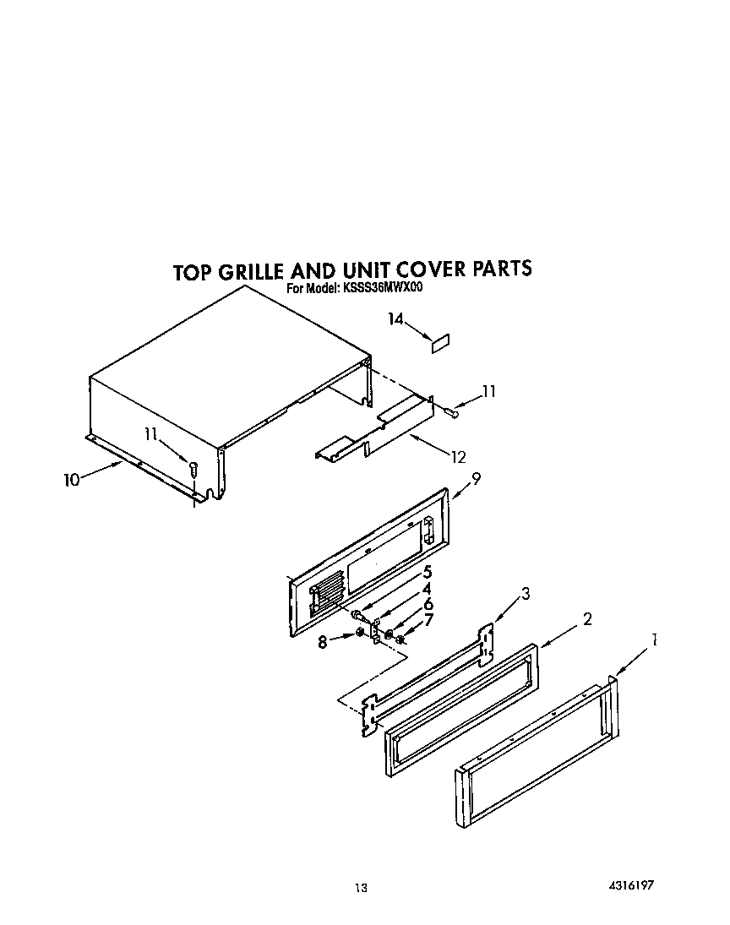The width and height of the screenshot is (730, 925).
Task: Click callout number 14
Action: [x=395, y=318]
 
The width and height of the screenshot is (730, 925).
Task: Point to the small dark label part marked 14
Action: [x=440, y=342]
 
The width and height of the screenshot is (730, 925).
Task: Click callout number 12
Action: [x=458, y=457]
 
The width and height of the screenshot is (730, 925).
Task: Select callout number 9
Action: [x=477, y=478]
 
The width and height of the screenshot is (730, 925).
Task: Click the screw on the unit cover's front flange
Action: [x=193, y=465]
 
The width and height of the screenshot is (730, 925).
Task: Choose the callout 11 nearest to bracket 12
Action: [x=488, y=391]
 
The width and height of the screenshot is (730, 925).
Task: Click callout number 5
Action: [x=428, y=571]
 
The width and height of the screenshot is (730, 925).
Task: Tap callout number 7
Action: [x=428, y=620]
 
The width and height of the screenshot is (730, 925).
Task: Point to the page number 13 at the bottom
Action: [x=361, y=887]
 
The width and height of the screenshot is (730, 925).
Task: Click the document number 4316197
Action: [x=631, y=885]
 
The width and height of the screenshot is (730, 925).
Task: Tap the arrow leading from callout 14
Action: [x=417, y=329]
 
